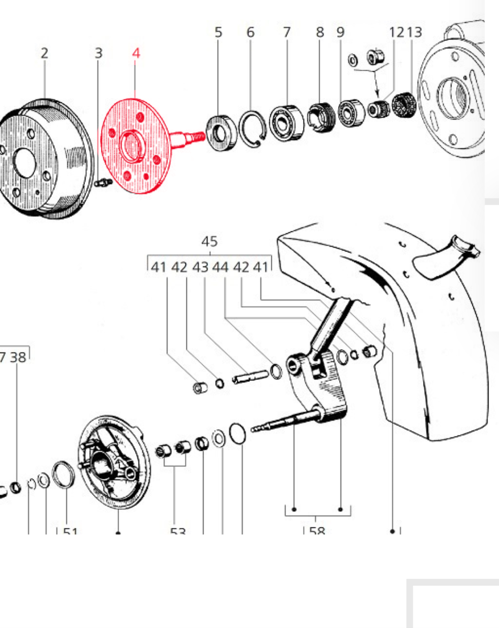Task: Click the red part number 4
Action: point(136,53)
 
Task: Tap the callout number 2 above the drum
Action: point(45,53)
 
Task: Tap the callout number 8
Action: point(320,32)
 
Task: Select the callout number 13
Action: point(414,32)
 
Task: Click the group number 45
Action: point(209,242)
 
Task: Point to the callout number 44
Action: point(220,267)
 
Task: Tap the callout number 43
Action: point(200,267)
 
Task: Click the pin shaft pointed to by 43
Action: point(249,377)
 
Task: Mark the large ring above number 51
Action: point(63,474)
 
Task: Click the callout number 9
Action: point(340,32)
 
